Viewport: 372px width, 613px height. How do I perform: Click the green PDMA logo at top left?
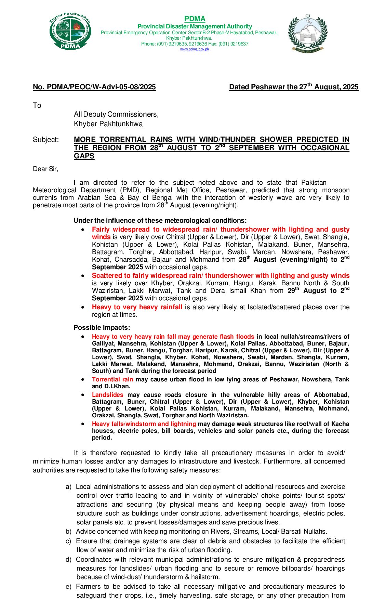[70, 31]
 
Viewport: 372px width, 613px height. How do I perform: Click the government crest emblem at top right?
[308, 33]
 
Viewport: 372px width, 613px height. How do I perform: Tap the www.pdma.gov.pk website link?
[195, 49]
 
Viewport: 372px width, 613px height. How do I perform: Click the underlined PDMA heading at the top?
[195, 19]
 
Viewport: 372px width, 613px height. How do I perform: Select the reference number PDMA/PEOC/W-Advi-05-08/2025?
[94, 87]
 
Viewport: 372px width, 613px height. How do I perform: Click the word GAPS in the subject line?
[84, 156]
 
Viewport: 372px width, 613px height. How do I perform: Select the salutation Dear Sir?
[45, 169]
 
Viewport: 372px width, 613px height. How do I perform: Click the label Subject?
[46, 140]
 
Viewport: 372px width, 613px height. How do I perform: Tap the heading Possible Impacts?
[102, 327]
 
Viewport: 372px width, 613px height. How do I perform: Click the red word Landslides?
[107, 395]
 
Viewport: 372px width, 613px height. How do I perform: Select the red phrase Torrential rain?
[112, 379]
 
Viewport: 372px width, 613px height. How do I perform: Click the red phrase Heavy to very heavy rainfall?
[137, 307]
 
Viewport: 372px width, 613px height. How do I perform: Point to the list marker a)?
[68, 487]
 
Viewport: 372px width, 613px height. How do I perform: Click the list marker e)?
[68, 587]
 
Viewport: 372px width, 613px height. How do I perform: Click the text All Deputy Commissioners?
[116, 114]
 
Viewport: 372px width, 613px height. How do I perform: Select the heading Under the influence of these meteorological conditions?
[160, 221]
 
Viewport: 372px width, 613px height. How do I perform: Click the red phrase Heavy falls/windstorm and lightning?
[144, 424]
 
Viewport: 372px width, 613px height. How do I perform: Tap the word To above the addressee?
[37, 105]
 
